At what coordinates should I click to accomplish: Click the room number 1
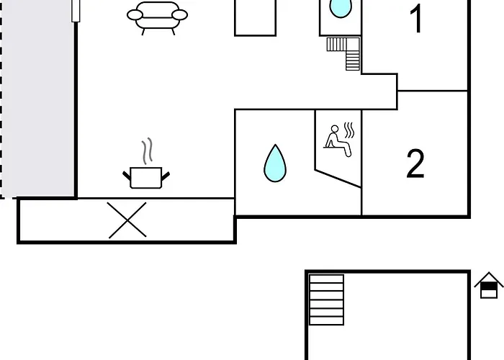[x=416, y=19]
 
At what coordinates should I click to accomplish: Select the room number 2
[x=415, y=164]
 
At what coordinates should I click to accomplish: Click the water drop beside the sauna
[x=274, y=163]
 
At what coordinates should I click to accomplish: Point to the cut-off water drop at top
[x=340, y=8]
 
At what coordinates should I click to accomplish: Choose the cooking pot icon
[x=148, y=176]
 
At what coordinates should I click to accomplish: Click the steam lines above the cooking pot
[x=148, y=152]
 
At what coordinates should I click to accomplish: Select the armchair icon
[x=157, y=17]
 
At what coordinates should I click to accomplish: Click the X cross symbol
[x=127, y=220]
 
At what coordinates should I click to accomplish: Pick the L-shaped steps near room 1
[x=346, y=52]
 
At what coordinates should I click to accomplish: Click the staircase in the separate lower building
[x=326, y=299]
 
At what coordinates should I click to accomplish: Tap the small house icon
[x=489, y=286]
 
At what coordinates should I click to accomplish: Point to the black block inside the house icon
[x=489, y=290]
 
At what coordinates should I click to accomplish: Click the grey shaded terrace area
[x=40, y=101]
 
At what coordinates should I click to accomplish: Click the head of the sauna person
[x=333, y=130]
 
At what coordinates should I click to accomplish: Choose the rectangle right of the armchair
[x=255, y=17]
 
